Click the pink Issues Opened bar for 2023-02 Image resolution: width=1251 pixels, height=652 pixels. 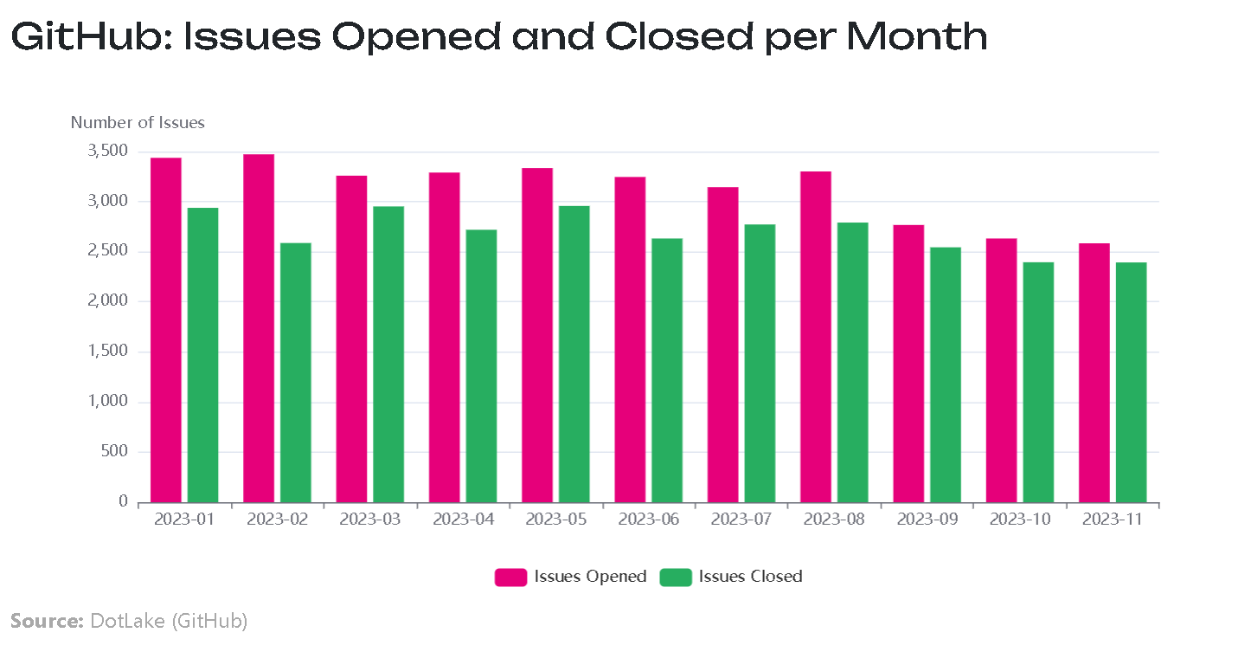pos(259,328)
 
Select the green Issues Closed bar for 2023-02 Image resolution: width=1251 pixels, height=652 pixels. pos(296,372)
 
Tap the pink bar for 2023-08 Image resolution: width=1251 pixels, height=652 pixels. pos(815,337)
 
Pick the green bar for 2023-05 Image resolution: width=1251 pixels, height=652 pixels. pos(574,354)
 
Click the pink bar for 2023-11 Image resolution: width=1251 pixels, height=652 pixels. pos(1094,373)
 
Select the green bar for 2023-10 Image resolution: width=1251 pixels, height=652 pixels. pos(1038,383)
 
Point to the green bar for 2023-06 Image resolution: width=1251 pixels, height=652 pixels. pos(667,371)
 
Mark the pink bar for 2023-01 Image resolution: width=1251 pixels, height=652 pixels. pos(166,330)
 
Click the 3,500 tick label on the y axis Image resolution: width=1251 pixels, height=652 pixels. pos(108,151)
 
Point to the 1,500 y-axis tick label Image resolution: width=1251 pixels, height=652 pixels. pos(108,351)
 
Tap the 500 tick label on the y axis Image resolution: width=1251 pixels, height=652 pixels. pos(114,451)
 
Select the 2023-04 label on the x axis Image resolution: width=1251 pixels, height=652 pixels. pos(464,520)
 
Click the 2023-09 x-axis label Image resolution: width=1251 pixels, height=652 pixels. pos(927,520)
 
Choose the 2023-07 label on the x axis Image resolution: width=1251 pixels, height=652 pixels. pos(741,520)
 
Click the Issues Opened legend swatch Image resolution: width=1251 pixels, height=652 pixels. pos(510,577)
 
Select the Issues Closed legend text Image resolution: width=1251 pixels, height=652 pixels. pos(751,577)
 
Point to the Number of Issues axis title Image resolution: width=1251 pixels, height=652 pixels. pos(138,122)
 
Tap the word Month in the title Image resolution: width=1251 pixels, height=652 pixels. pos(917,37)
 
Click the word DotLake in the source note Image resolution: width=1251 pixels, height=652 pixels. pos(127,621)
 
